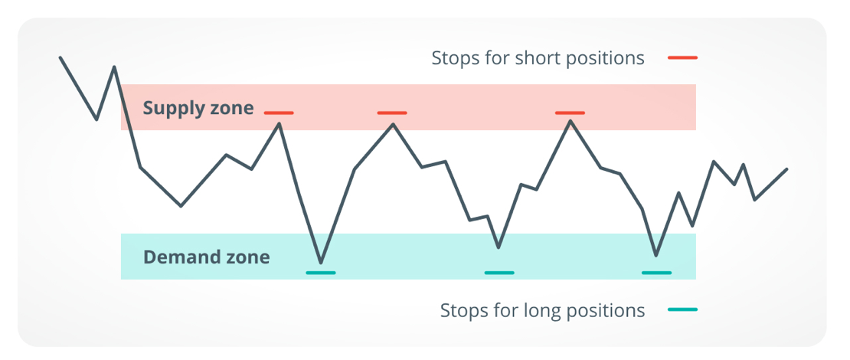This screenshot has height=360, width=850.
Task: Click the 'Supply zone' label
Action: [198, 109]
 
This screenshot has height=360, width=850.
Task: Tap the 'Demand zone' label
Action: [206, 257]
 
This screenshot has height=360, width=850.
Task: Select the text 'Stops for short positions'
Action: [538, 58]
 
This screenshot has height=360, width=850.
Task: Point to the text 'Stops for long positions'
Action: [542, 311]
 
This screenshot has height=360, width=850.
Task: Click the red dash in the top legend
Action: [682, 57]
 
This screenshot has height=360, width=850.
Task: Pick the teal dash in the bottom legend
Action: [682, 309]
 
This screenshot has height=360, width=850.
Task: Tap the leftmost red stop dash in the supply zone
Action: [279, 113]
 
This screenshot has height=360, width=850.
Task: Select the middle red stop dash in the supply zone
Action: [392, 113]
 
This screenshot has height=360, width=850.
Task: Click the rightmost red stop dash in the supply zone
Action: [570, 113]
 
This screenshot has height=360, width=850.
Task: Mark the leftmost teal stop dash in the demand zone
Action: [321, 273]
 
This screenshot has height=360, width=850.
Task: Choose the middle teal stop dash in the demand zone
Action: [499, 273]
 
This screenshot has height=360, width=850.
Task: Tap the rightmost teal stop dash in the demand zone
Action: [656, 273]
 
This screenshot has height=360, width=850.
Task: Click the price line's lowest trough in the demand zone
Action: [321, 263]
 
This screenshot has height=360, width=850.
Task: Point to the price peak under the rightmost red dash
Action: [570, 121]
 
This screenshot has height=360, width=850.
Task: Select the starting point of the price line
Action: [60, 57]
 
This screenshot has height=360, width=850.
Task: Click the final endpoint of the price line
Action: [786, 169]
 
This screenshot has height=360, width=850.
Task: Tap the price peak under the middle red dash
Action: [394, 124]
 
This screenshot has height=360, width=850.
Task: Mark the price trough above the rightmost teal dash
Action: [656, 255]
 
